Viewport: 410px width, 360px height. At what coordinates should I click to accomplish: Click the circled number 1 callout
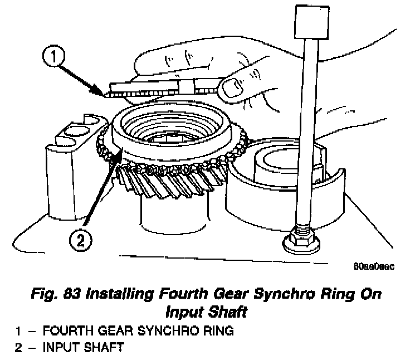(x=53, y=56)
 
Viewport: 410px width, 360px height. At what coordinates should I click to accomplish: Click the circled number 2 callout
(x=81, y=240)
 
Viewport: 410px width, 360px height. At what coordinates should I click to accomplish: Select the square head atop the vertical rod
(x=312, y=22)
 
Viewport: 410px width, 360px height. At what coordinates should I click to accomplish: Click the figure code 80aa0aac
(x=374, y=266)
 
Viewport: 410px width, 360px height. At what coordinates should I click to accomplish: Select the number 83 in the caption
(x=72, y=294)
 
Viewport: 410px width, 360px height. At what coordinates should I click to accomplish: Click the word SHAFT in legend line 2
(x=104, y=347)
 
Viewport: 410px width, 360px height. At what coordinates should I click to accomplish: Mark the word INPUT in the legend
(x=61, y=347)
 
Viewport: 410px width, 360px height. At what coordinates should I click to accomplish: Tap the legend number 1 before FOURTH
(x=18, y=330)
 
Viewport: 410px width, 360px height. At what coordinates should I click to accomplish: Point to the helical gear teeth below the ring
(x=170, y=181)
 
